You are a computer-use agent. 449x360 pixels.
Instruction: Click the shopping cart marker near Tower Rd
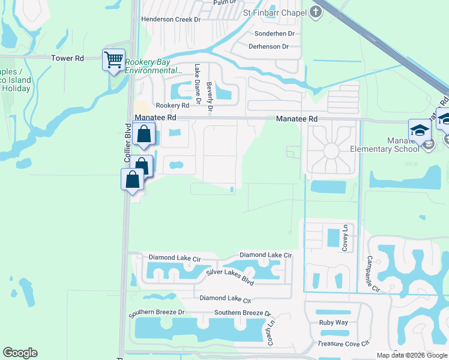point(113,59)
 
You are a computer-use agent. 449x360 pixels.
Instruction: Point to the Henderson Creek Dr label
point(170,19)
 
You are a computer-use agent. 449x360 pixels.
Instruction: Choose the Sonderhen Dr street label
point(275,34)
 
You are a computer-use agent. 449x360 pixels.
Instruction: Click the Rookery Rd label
point(172,105)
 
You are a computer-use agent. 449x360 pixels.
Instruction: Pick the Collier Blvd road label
point(127,143)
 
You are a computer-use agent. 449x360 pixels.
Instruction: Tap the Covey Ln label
point(345,238)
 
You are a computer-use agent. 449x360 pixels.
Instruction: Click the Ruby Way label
point(333,322)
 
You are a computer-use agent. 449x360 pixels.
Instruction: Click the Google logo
point(20,353)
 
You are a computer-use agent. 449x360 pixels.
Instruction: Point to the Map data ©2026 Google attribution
point(411,355)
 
